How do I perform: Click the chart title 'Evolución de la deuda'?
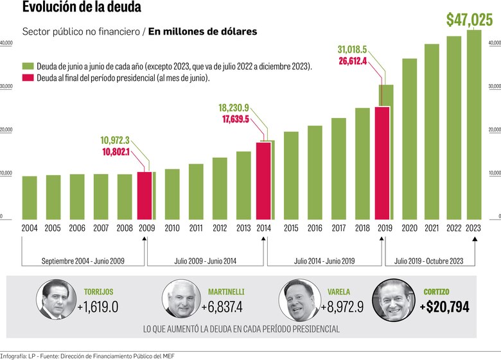pos(82,8)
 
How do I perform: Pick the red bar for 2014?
pos(263,180)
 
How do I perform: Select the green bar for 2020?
pos(409,138)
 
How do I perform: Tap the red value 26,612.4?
pos(361,62)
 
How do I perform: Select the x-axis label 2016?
pos(315,228)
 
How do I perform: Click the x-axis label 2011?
pos(196,228)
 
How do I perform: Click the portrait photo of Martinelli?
pos(179,299)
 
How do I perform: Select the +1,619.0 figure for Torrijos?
pos(98,307)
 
